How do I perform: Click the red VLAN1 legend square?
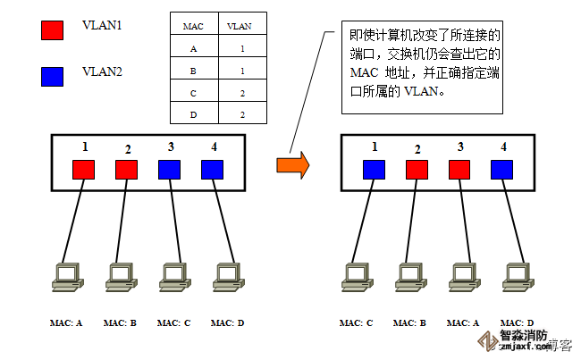[53, 31]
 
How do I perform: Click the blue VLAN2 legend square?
[53, 77]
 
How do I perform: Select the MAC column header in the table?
[192, 27]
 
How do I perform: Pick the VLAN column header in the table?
[240, 27]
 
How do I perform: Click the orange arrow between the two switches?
[293, 164]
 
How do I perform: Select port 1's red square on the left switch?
[83, 168]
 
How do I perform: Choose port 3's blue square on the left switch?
[169, 168]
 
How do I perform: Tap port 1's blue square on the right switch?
[375, 169]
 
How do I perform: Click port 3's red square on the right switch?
[460, 169]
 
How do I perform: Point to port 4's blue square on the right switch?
[502, 169]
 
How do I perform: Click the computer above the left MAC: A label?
[67, 276]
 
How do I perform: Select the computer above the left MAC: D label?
[227, 276]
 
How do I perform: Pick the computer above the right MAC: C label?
[357, 276]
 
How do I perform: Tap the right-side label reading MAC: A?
[462, 322]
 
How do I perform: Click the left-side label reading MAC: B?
[120, 322]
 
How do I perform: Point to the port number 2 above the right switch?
[417, 149]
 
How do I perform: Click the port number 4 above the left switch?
[213, 145]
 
